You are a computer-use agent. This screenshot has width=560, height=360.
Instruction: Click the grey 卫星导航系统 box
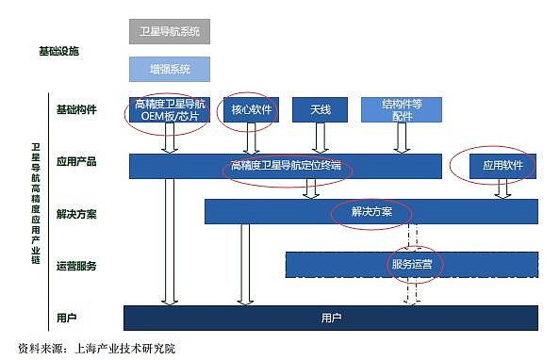click(x=169, y=31)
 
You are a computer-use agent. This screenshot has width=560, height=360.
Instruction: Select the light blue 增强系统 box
click(x=169, y=69)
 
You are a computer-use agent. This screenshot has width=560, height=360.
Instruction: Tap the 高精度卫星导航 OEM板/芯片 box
click(x=167, y=110)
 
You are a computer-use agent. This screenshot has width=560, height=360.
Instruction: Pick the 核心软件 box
click(x=250, y=110)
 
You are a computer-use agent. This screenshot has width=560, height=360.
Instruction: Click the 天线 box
click(x=320, y=110)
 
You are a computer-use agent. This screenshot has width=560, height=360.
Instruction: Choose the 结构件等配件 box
click(x=402, y=110)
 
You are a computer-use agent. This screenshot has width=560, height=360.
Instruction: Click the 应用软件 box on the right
click(x=502, y=165)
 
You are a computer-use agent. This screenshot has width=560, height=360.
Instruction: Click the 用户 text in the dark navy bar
click(x=331, y=318)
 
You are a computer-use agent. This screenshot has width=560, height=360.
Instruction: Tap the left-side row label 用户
click(x=66, y=317)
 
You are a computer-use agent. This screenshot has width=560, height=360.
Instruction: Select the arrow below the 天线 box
click(x=321, y=138)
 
